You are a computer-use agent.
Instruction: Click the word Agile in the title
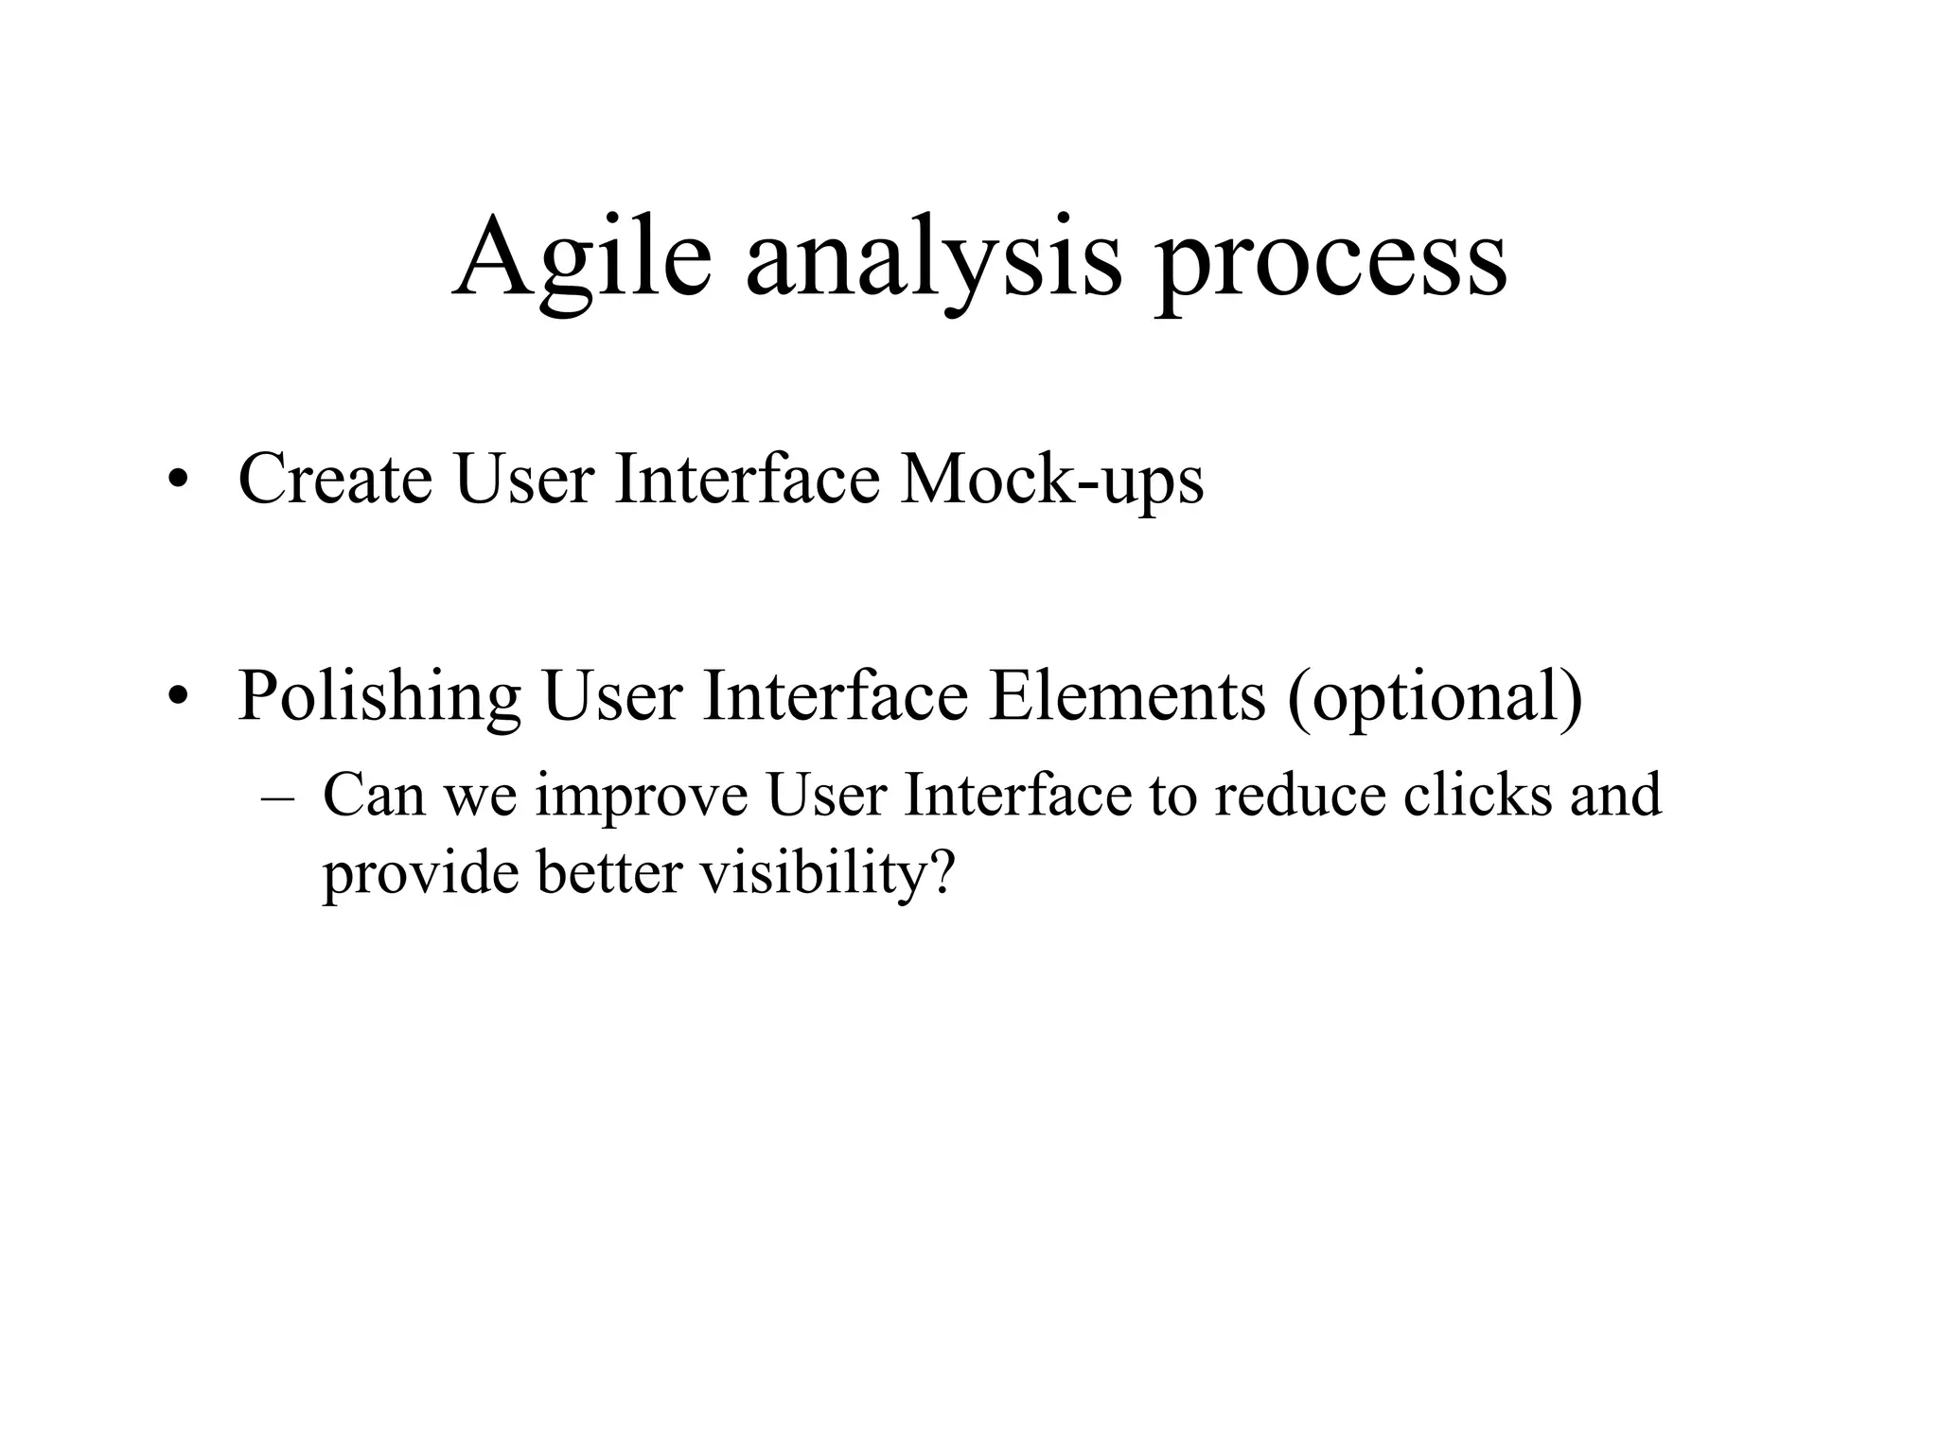[x=581, y=257]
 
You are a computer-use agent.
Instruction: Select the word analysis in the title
[x=932, y=257]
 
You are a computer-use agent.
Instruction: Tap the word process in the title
[x=1330, y=257]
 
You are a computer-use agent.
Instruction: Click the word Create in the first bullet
[x=335, y=479]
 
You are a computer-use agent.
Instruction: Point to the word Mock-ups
[x=1051, y=481]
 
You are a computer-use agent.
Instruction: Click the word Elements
[x=1126, y=695]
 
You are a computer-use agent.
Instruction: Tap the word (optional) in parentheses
[x=1435, y=697]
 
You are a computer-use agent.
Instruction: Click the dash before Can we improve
[x=275, y=798]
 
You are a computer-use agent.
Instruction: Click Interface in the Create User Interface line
[x=747, y=479]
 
